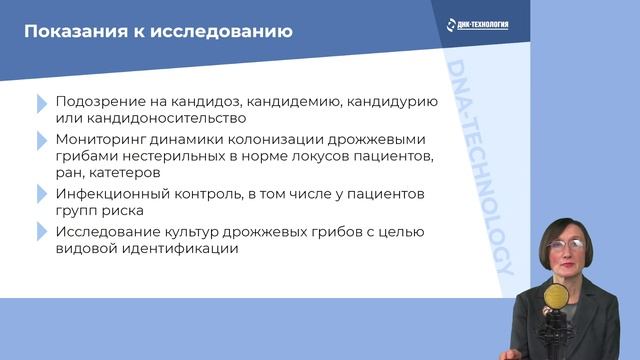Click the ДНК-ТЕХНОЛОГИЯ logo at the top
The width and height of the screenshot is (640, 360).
[476, 23]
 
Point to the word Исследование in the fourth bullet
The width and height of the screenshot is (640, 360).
[109, 232]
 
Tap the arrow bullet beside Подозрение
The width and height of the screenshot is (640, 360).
[41, 103]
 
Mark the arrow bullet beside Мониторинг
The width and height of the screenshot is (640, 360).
[41, 140]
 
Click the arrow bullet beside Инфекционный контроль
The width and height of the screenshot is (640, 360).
[41, 194]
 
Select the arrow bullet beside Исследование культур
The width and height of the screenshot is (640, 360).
[41, 232]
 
